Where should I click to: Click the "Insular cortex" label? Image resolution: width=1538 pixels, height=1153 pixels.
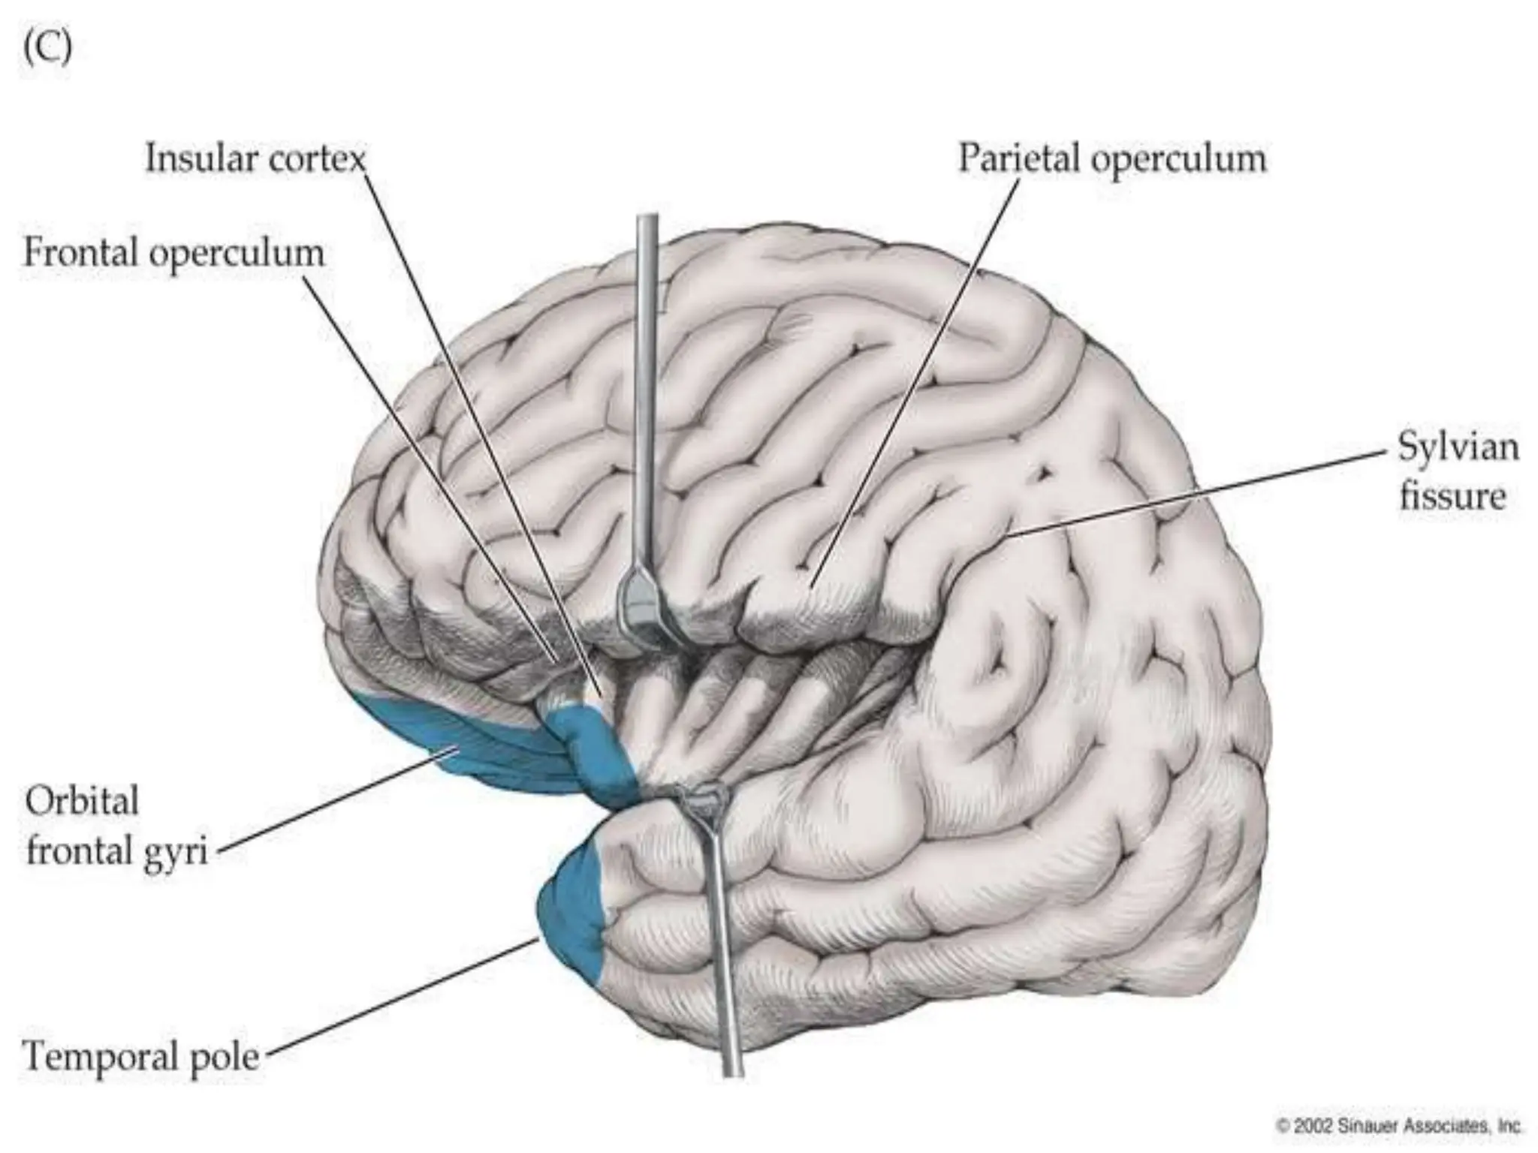[255, 159]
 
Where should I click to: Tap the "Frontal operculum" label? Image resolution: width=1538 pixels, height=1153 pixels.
[174, 253]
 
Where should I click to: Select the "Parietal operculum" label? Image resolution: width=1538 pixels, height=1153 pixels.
[1112, 159]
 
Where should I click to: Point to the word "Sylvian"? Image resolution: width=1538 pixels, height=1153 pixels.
[1458, 448]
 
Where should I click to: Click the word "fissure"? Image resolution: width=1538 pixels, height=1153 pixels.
[1452, 497]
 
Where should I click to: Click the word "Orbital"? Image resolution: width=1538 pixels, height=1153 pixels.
[82, 801]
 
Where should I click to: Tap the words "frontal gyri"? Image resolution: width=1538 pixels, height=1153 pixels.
[116, 853]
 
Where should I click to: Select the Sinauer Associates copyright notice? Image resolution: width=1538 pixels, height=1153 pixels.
[1398, 1126]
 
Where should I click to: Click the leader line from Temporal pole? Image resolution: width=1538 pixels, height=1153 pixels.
[398, 998]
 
